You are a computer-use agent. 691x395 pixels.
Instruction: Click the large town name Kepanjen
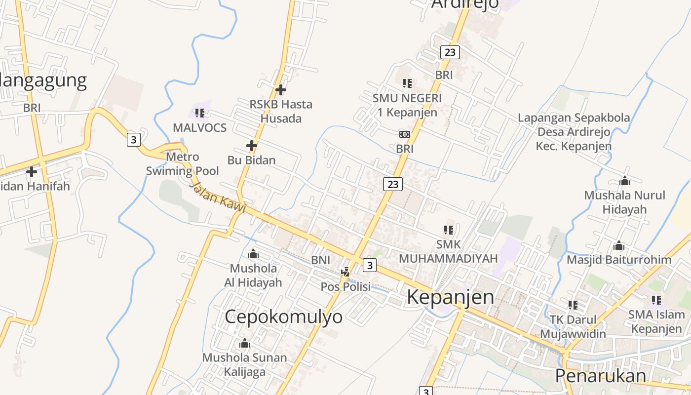(x=450, y=297)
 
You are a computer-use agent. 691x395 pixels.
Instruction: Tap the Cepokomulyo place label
(x=283, y=316)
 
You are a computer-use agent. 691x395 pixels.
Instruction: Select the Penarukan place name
(x=600, y=376)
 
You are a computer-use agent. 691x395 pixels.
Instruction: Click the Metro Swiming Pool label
(x=182, y=164)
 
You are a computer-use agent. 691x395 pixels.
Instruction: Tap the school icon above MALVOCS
(x=199, y=113)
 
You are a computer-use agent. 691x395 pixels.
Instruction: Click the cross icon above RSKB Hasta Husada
(x=281, y=90)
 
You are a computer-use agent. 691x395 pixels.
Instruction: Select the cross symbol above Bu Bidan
(x=252, y=146)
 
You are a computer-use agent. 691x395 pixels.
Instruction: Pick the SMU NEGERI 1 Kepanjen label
(x=407, y=105)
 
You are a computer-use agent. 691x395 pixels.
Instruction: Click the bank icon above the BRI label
(x=404, y=134)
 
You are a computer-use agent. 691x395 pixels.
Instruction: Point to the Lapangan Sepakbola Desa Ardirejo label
(x=574, y=132)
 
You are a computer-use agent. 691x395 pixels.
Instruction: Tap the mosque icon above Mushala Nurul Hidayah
(x=625, y=181)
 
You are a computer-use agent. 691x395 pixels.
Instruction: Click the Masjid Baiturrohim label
(x=619, y=260)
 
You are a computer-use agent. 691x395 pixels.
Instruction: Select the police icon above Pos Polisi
(x=345, y=272)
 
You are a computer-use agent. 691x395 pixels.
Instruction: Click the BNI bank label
(x=320, y=260)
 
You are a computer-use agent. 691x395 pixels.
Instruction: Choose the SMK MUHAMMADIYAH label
(x=448, y=251)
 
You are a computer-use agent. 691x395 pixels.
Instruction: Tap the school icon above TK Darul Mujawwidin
(x=573, y=305)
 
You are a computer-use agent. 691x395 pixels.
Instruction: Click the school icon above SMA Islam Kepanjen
(x=656, y=300)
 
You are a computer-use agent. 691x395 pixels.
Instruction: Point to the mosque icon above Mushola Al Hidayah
(x=253, y=254)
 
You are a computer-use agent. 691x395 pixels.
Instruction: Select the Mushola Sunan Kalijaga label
(x=244, y=364)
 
